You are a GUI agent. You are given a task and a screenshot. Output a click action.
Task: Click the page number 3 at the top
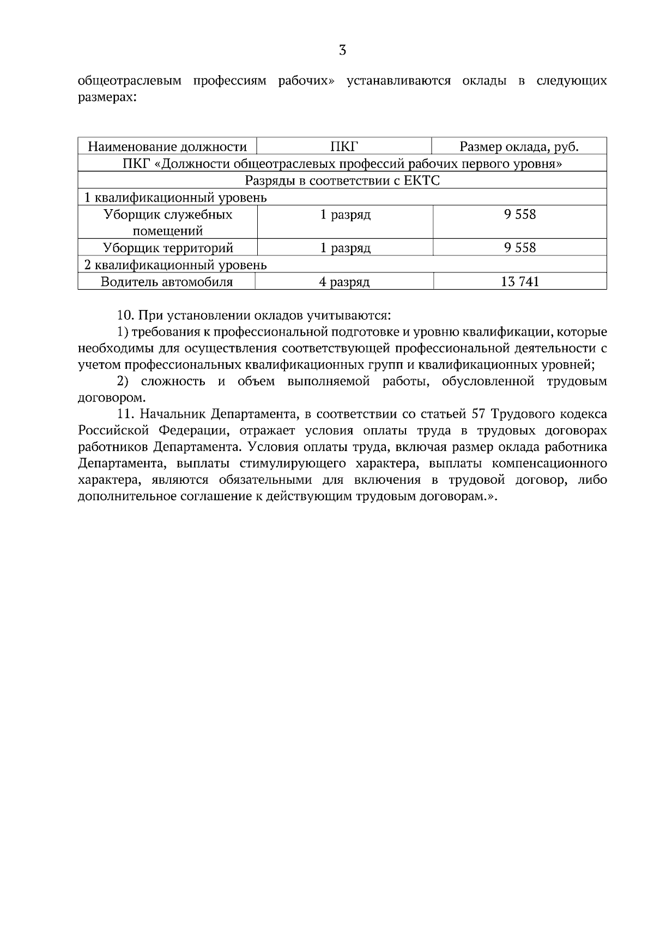[x=342, y=51]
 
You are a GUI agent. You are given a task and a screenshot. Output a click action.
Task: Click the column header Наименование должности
[x=167, y=147]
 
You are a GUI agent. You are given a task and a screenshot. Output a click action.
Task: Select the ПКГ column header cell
[x=344, y=147]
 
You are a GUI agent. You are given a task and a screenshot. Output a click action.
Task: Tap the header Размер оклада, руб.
[x=519, y=147]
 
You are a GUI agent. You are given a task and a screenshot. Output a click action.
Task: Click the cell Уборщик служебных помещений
[x=168, y=222]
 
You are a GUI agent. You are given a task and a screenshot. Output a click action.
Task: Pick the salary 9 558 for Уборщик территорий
[x=520, y=248]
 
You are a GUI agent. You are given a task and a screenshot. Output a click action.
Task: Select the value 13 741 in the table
[x=520, y=282]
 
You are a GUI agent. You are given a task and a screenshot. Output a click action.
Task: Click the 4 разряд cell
[x=344, y=282]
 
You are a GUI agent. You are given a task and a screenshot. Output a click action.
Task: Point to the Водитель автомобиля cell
[x=167, y=282]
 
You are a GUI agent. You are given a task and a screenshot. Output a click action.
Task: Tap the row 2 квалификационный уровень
[x=175, y=265]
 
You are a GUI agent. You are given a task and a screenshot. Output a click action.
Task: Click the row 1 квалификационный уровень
[x=175, y=197]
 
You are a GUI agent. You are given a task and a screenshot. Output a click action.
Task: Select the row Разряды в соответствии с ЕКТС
[x=342, y=180]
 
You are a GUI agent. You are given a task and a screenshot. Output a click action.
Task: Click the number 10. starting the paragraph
[x=126, y=315]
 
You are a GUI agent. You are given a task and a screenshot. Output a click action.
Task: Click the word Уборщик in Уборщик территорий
[x=128, y=248]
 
